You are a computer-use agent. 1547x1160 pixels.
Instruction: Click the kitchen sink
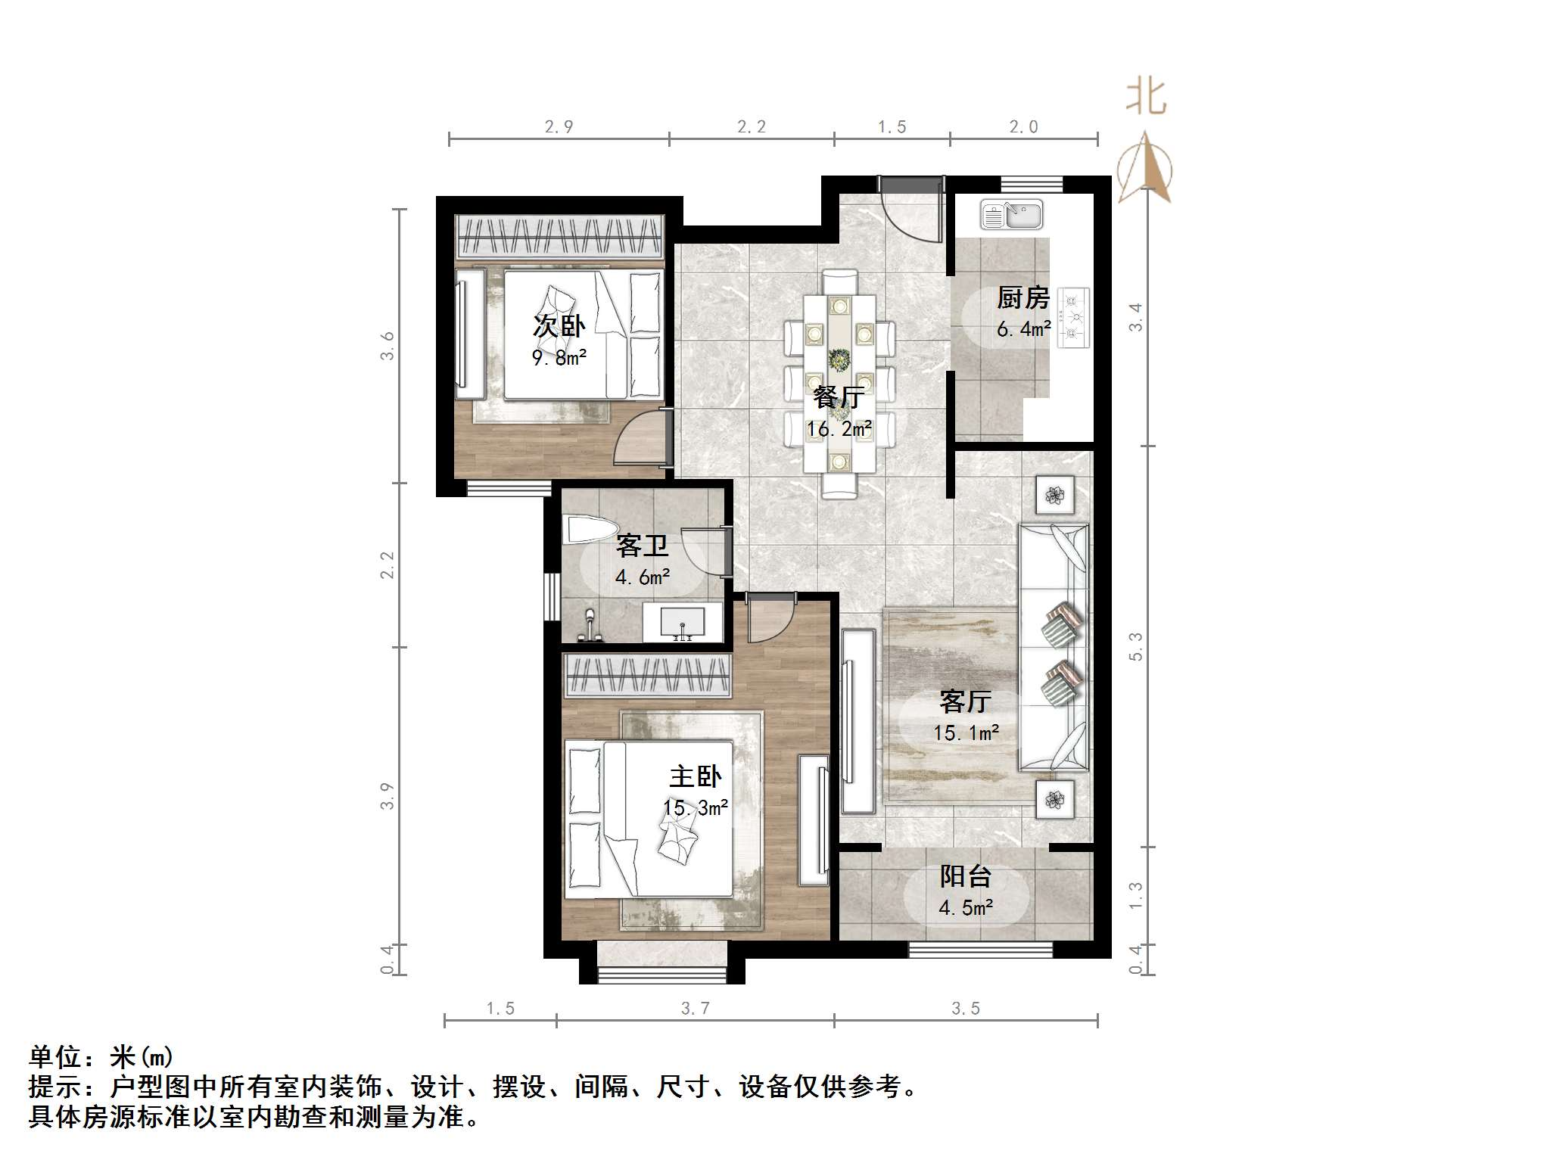tap(1011, 215)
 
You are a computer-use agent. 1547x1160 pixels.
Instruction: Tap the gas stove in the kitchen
tap(1072, 318)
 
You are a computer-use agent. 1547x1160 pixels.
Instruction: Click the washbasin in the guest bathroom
tap(682, 624)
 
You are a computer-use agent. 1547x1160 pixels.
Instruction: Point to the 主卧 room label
tap(695, 776)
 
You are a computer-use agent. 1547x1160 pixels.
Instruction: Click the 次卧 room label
tap(559, 326)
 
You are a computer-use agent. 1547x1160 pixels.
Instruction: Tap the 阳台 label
tap(965, 876)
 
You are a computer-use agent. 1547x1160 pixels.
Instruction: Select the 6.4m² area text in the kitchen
tap(1023, 329)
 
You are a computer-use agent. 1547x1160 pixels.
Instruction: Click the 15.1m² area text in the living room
tap(966, 732)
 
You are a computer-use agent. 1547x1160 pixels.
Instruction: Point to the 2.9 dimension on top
tap(559, 127)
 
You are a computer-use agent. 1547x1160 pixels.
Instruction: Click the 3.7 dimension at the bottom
tap(695, 1009)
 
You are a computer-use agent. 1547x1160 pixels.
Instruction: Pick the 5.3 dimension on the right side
tap(1135, 646)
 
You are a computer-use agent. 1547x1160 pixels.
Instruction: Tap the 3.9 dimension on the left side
tap(387, 796)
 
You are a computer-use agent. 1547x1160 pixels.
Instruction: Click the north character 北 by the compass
tap(1146, 98)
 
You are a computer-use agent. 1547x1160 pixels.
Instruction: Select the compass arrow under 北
tap(1146, 170)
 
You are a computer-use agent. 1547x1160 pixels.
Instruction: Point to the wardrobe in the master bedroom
tap(647, 674)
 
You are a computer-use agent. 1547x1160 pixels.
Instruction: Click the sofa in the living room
tap(1054, 648)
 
